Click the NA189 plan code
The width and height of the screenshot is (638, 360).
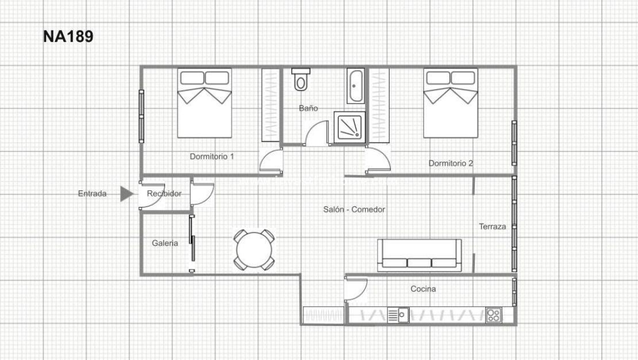[68, 37]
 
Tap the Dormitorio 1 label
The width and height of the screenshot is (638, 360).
[212, 156]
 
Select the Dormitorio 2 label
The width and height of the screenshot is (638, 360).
[451, 163]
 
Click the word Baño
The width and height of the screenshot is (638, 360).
[308, 108]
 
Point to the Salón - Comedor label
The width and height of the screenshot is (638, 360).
[354, 210]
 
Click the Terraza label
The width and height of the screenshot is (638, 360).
[492, 227]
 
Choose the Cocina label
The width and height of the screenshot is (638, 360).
[423, 289]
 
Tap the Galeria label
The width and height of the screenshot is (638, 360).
[164, 243]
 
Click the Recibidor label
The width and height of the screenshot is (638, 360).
[164, 194]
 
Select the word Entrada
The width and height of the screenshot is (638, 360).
[92, 194]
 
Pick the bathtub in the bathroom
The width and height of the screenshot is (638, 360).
[355, 86]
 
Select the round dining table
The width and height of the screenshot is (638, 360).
[253, 250]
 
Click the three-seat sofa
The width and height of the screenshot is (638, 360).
[419, 255]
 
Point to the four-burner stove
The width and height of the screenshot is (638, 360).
[493, 315]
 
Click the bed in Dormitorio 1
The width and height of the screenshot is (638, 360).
[204, 104]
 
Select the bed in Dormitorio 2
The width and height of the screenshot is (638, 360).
[451, 104]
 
